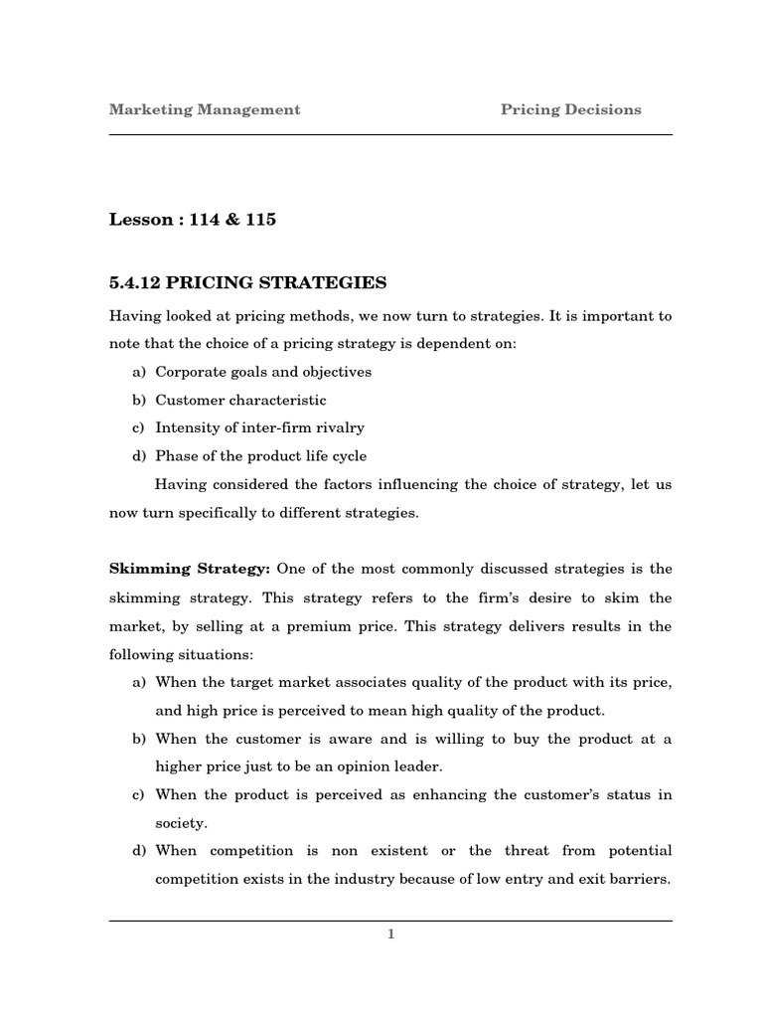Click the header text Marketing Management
tap(204, 109)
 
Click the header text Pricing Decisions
tap(570, 109)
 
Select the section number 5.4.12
tap(134, 283)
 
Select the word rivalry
tap(340, 427)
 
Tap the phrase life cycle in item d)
tap(332, 455)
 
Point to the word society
tap(180, 822)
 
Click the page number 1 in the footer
tap(390, 933)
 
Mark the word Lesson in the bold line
tap(140, 220)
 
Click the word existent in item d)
tap(399, 851)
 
